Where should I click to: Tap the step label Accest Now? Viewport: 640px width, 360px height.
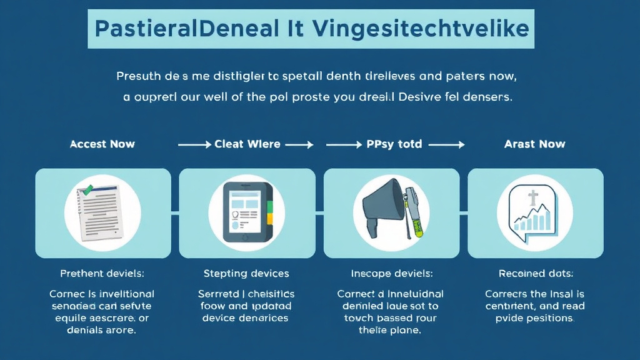[x=102, y=144]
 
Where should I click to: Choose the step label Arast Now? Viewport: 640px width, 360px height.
[x=535, y=144]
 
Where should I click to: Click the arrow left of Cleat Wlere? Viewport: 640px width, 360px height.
[x=194, y=144]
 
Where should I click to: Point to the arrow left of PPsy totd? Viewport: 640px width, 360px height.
[x=342, y=144]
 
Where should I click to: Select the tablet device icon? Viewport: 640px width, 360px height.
[x=247, y=213]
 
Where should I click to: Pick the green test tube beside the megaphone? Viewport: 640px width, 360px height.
[x=413, y=212]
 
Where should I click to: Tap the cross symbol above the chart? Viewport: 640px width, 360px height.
[x=532, y=199]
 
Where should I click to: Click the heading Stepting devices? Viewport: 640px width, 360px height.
[x=246, y=274]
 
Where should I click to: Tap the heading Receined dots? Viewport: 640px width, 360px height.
[x=536, y=274]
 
